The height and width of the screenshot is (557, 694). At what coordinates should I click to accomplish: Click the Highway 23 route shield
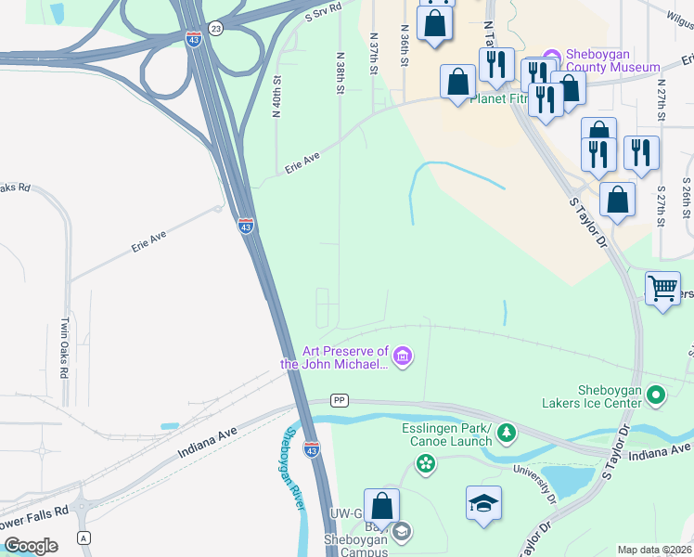tap(215, 29)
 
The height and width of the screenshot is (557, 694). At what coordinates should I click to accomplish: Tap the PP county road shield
tap(340, 400)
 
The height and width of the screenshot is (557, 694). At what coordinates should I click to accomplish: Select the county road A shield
tap(84, 538)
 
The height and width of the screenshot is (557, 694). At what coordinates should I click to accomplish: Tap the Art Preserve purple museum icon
tap(402, 356)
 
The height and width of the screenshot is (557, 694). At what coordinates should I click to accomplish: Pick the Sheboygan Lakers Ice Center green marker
tap(657, 396)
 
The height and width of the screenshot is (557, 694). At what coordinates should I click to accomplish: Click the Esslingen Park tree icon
tap(507, 432)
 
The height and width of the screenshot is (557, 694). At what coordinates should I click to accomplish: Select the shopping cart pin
tap(662, 288)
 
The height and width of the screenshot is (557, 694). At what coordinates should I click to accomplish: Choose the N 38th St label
tap(341, 72)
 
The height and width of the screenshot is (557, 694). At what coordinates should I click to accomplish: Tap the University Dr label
tap(540, 485)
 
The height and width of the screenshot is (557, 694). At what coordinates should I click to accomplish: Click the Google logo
tap(31, 546)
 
